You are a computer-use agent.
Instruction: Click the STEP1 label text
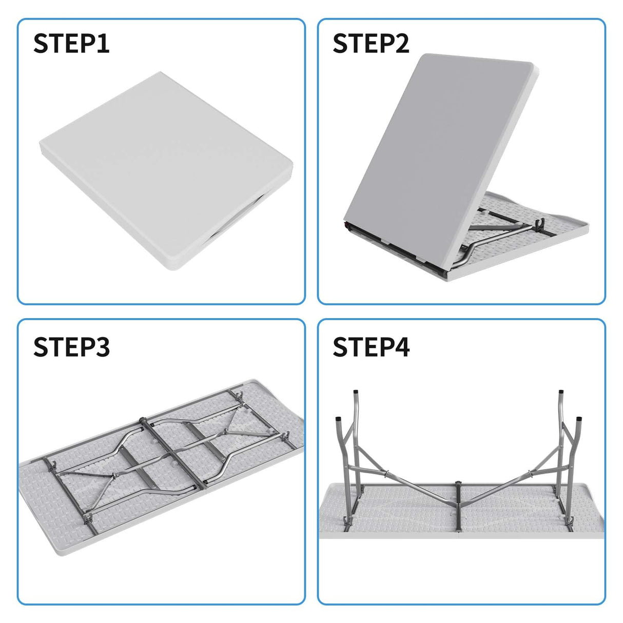pyautogui.click(x=71, y=43)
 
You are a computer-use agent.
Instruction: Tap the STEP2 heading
pyautogui.click(x=371, y=43)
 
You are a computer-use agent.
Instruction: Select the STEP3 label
pyautogui.click(x=71, y=347)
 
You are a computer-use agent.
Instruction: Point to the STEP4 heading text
pyautogui.click(x=371, y=347)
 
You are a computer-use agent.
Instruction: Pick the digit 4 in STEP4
pyautogui.click(x=402, y=347)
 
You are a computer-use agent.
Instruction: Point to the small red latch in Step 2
pyautogui.click(x=346, y=224)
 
